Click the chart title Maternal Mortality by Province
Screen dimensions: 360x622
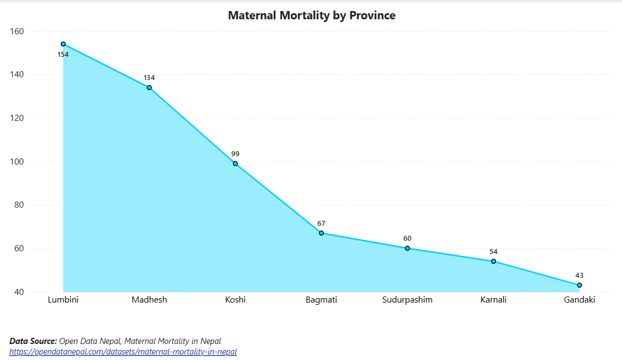click(x=311, y=15)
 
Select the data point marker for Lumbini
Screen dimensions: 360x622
click(x=63, y=44)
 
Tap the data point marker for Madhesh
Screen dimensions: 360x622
click(x=149, y=87)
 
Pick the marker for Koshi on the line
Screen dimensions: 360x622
click(x=235, y=163)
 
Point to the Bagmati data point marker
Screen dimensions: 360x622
click(x=321, y=233)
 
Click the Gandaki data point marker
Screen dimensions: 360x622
click(x=580, y=285)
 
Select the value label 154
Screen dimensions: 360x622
click(x=63, y=55)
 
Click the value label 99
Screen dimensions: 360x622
click(x=235, y=153)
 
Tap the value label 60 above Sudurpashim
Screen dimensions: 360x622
click(x=407, y=239)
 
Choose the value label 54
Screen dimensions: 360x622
click(x=493, y=252)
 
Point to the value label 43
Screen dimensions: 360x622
click(x=580, y=276)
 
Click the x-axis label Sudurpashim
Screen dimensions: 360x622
click(x=407, y=300)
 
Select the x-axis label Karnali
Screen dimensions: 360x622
click(x=493, y=300)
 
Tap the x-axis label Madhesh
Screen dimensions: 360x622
click(x=149, y=300)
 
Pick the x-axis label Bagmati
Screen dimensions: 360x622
click(x=321, y=300)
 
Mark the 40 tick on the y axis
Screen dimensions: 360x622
click(x=18, y=292)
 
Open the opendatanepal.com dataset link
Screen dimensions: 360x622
click(x=123, y=351)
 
